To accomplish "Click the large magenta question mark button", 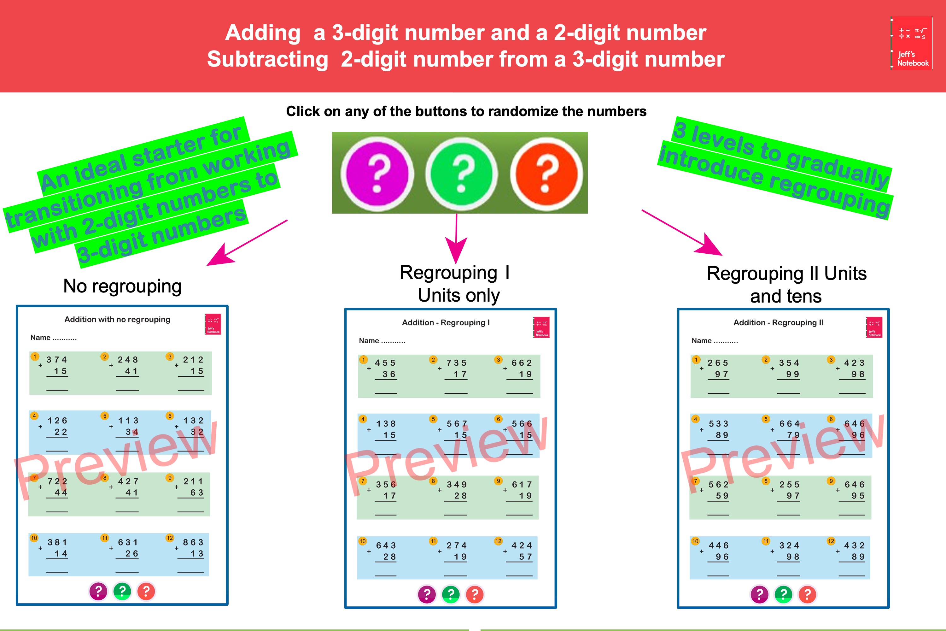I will [377, 174].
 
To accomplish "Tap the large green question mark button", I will [461, 174].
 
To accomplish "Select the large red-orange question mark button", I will [546, 174].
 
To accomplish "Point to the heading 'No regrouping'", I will [122, 286].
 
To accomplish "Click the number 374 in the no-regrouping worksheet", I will [57, 359].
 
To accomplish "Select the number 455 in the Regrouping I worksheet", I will [385, 363].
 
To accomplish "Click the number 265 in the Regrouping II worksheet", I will [718, 363].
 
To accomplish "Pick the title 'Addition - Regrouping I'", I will [446, 322].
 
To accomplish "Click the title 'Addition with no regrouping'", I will [117, 319].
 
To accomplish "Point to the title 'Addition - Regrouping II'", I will [778, 322].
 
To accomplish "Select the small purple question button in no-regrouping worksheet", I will [98, 591].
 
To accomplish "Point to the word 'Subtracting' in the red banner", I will [267, 60].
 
